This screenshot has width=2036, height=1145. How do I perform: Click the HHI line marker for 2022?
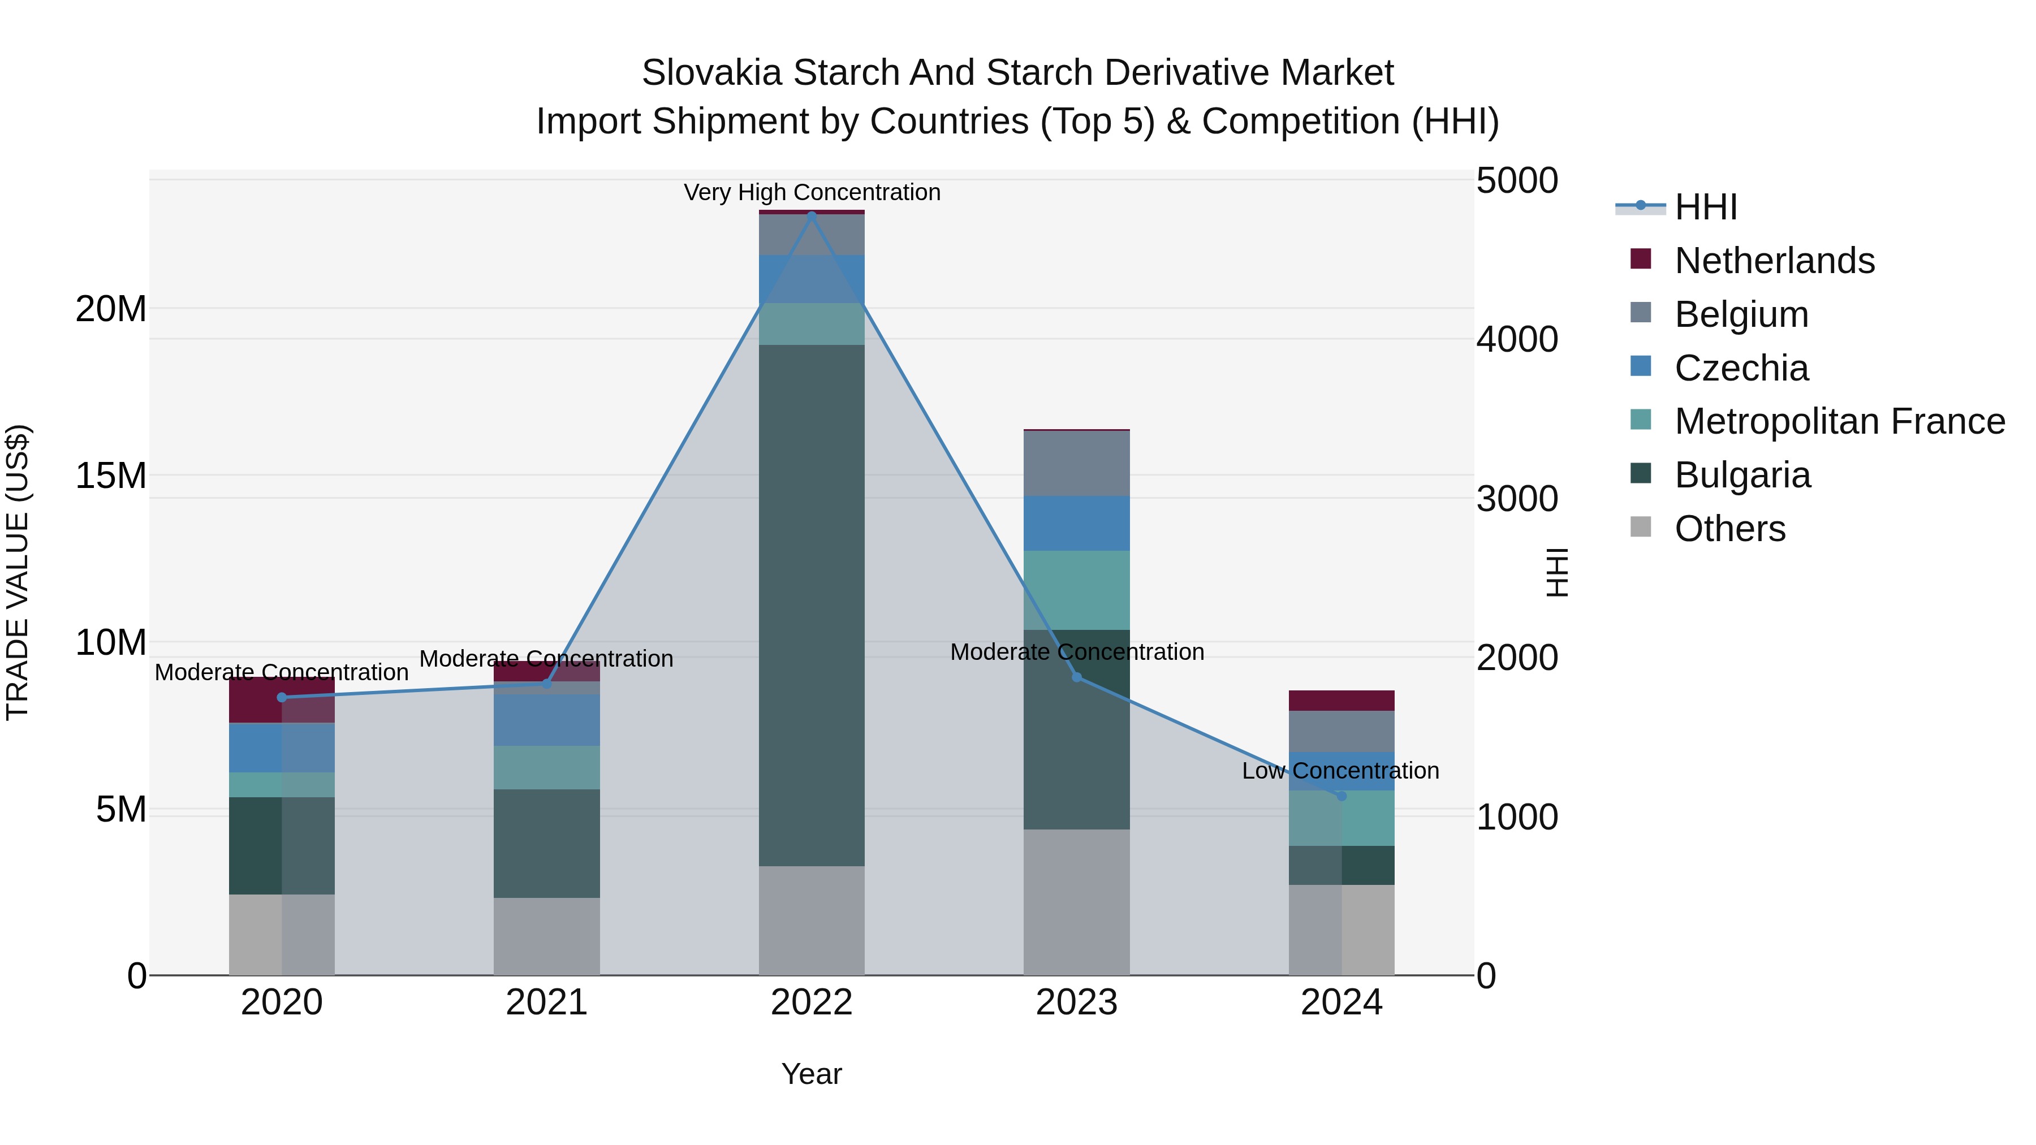pos(812,214)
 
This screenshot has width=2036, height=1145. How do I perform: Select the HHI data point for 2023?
pos(1076,677)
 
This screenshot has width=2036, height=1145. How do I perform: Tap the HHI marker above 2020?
pos(282,697)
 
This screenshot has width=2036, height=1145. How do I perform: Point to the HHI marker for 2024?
pos(1341,796)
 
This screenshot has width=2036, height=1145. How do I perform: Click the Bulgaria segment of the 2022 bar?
pos(812,604)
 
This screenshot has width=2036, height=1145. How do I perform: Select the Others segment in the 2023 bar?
pos(1076,902)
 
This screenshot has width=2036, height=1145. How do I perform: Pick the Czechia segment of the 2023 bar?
pos(1076,523)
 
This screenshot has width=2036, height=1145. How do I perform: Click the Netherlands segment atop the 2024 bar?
pos(1341,700)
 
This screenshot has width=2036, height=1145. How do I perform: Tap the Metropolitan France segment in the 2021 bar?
pos(547,767)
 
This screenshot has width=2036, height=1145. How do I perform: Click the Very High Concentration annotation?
pos(812,192)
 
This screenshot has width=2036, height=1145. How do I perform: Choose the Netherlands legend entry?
pos(1774,261)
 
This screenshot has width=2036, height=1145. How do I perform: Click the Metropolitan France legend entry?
pos(1839,421)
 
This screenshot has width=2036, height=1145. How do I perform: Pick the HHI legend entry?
pos(1706,207)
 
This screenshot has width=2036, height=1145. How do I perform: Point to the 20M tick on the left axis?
pos(111,308)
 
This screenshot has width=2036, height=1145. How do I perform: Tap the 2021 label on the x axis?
pos(547,1003)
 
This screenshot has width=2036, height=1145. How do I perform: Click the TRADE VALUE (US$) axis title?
pos(18,572)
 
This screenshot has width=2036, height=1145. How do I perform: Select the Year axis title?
pos(812,1074)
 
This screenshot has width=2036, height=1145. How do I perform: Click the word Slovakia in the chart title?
pos(711,73)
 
